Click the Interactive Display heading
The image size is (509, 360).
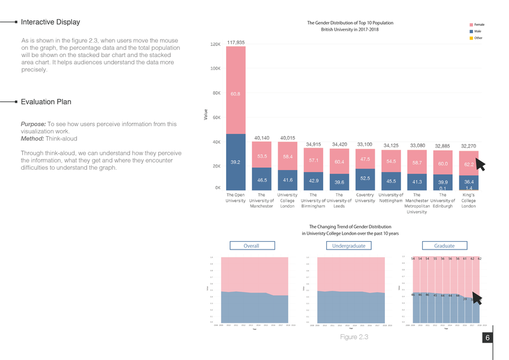tap(50, 22)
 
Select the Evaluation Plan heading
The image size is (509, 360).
tap(46, 102)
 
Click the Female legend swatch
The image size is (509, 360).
tap(469, 24)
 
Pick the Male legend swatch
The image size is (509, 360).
tap(469, 31)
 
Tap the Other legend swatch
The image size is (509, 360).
tap(469, 38)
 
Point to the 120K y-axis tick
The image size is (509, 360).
tap(215, 44)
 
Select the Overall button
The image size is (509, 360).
tap(252, 245)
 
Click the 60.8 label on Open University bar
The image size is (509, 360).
tap(235, 94)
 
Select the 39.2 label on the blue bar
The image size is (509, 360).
tap(235, 162)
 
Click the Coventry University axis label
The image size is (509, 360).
tap(365, 197)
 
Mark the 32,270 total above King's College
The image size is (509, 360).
tap(468, 146)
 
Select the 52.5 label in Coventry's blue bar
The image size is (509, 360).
tap(365, 178)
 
